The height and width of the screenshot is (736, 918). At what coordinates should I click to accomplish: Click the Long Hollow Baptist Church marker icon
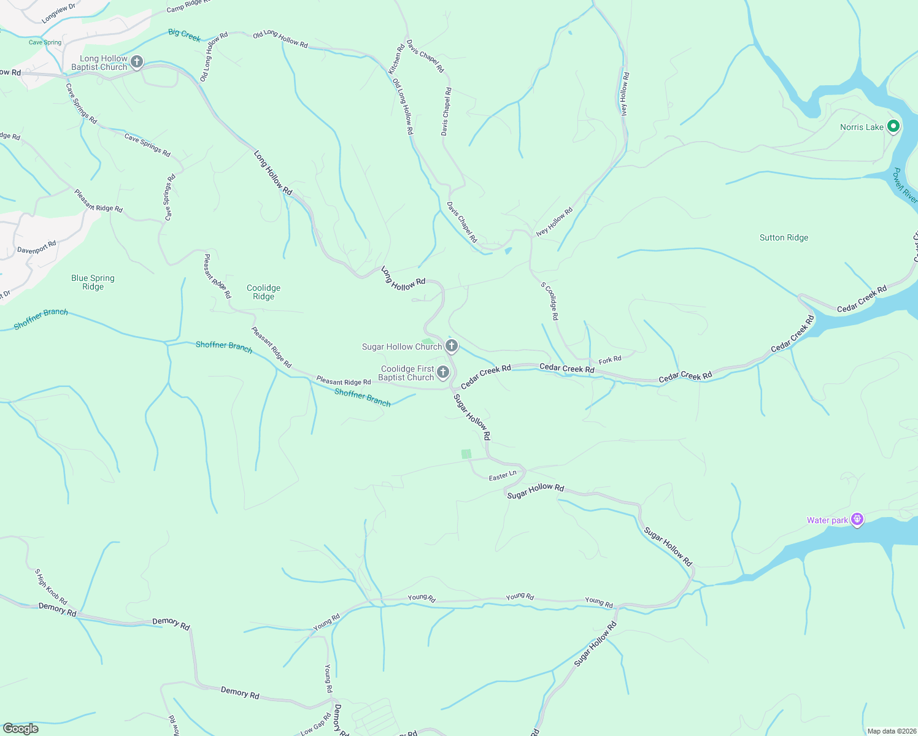tap(137, 62)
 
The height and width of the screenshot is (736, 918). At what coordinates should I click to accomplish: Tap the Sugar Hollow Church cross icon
tap(452, 347)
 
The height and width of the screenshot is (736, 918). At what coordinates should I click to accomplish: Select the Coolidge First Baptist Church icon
tap(442, 373)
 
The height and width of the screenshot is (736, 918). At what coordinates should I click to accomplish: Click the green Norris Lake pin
tap(893, 126)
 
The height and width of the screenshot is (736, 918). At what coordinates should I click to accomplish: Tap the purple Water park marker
tap(857, 520)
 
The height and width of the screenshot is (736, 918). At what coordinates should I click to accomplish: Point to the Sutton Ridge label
tap(784, 237)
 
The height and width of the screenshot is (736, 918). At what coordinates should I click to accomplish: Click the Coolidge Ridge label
tap(263, 292)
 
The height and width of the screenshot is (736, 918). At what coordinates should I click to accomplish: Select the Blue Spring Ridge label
tap(93, 282)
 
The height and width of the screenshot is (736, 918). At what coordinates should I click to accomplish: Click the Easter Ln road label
tap(503, 476)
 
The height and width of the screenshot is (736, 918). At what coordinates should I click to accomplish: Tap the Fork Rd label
tap(610, 359)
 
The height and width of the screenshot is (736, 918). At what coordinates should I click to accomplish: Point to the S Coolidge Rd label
tap(550, 301)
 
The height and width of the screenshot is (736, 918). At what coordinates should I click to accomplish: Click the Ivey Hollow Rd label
tap(554, 221)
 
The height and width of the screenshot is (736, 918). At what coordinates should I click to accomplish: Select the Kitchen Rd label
tap(396, 59)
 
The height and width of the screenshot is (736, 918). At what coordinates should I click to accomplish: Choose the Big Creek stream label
tap(185, 35)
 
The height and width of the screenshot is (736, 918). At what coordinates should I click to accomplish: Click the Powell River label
tap(905, 186)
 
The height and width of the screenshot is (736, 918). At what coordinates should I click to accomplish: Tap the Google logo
tap(20, 729)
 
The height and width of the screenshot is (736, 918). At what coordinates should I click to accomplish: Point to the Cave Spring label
tap(45, 42)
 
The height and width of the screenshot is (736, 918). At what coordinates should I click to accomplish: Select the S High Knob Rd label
tap(51, 587)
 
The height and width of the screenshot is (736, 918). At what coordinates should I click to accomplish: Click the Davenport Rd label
tap(37, 247)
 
